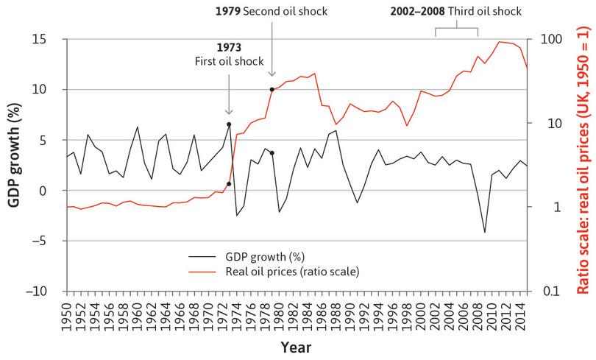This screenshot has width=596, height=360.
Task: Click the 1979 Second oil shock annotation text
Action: pos(272,11)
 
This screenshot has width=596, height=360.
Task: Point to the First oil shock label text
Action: pos(229,61)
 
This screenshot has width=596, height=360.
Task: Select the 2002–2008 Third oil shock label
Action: pos(455,11)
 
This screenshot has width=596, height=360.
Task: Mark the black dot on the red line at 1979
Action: pos(272,90)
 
